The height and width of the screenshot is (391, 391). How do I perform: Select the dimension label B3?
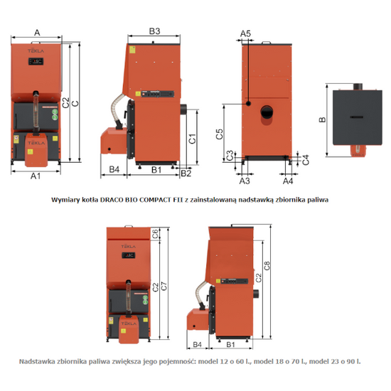point(154,31)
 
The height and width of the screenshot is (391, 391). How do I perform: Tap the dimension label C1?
point(193,139)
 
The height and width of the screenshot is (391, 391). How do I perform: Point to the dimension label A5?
point(246,33)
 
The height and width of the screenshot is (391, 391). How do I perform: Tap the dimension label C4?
point(305,160)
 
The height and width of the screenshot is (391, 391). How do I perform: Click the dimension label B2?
point(186,173)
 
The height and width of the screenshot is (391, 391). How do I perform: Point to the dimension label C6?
point(156,232)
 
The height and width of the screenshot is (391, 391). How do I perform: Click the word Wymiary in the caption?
point(68,200)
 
